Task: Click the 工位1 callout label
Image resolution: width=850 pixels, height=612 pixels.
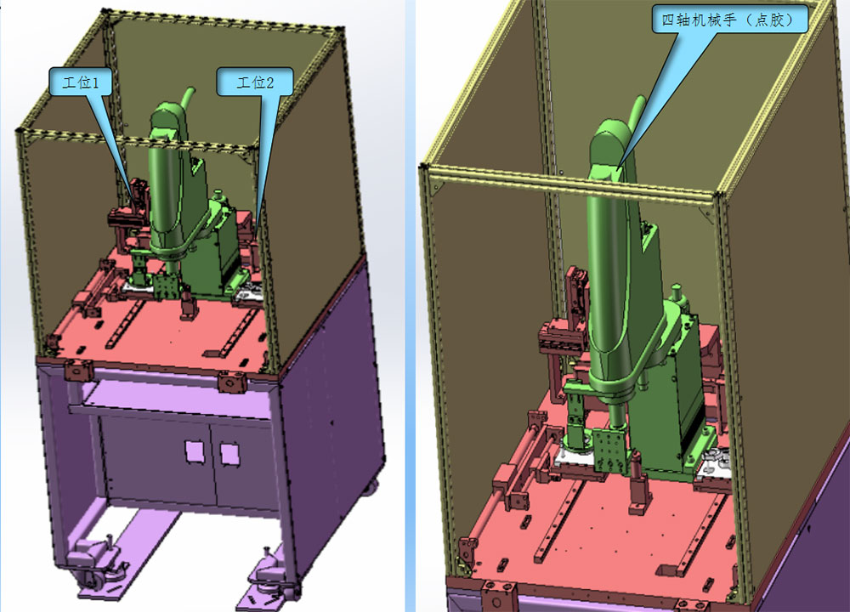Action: click(x=81, y=82)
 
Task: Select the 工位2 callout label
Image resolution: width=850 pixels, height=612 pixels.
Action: click(x=255, y=82)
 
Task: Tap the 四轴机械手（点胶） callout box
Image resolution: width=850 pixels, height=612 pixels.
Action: click(x=729, y=20)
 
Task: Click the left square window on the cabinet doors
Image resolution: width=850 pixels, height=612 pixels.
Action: click(x=194, y=451)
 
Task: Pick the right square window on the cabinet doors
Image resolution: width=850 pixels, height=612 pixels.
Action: click(x=229, y=454)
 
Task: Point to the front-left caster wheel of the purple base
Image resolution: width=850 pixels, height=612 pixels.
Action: click(x=91, y=580)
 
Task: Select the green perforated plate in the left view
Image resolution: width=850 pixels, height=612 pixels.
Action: click(x=165, y=286)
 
